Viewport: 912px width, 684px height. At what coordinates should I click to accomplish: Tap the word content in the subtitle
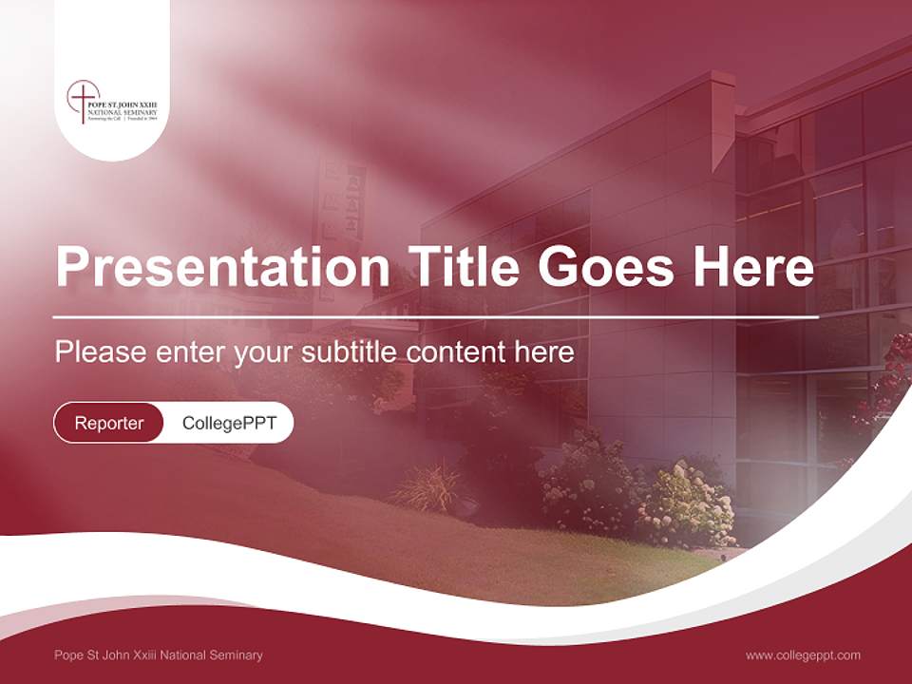(458, 352)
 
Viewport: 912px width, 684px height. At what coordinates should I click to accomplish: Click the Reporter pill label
(108, 423)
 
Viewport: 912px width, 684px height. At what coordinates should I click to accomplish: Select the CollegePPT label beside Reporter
(229, 423)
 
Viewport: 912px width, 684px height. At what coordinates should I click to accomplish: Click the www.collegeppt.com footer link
(803, 655)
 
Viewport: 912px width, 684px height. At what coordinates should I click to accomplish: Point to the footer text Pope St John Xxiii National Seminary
(159, 655)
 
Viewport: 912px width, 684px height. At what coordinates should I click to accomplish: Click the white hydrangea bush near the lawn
(684, 503)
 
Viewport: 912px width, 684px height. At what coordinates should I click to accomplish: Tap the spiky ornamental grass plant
(427, 486)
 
